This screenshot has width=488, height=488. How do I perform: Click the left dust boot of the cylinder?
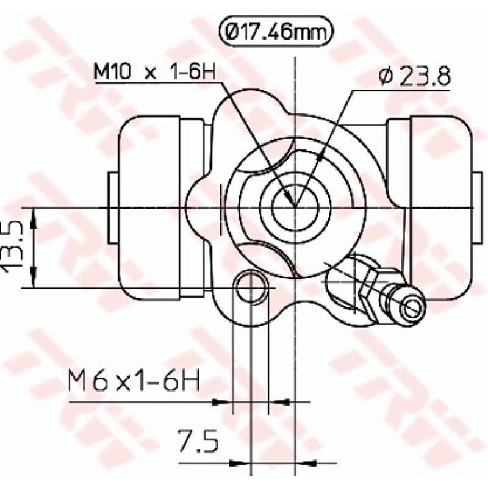(149, 207)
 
